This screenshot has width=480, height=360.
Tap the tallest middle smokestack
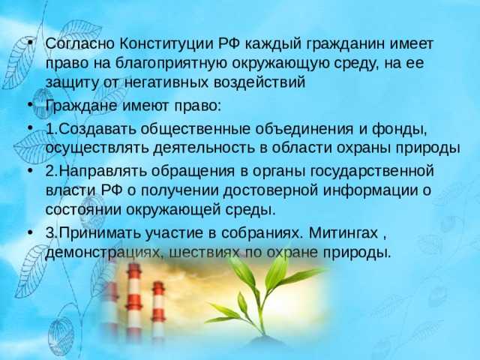pos(133,300)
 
